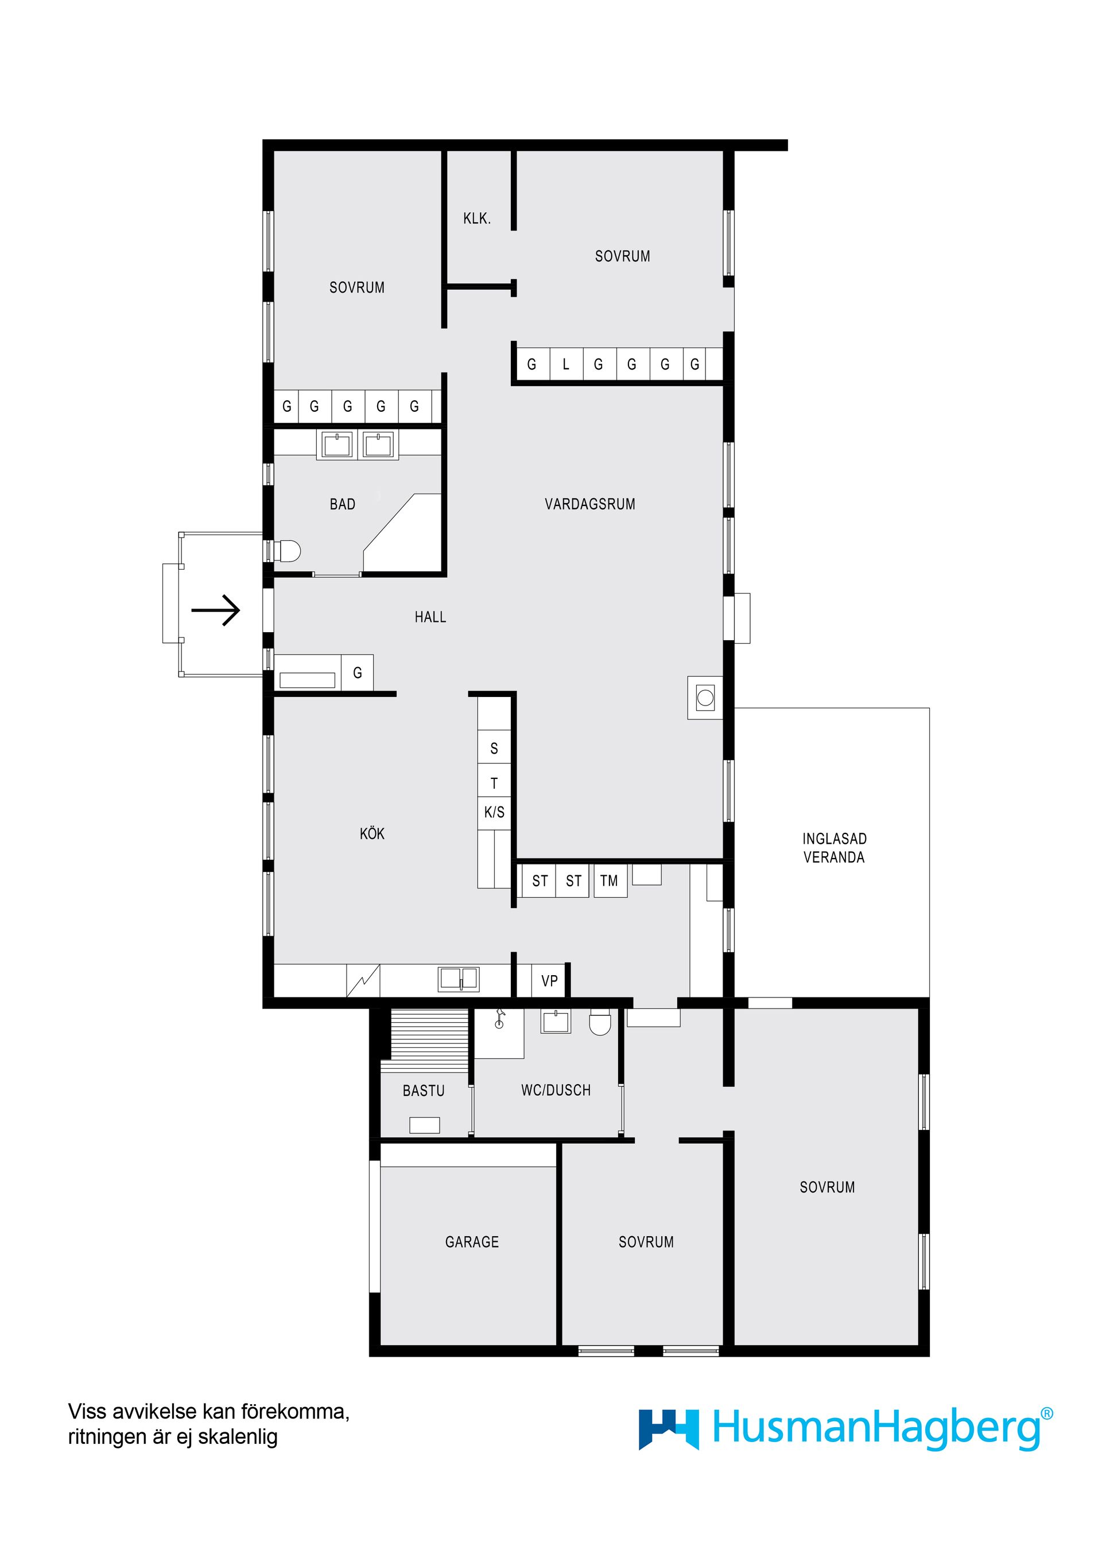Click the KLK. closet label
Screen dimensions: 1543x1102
click(476, 219)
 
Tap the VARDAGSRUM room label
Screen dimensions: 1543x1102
click(589, 504)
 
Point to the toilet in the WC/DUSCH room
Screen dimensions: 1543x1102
click(600, 1023)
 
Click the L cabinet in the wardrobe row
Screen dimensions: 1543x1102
click(566, 365)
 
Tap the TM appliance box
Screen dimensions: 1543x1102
click(610, 881)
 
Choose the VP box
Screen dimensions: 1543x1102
click(550, 981)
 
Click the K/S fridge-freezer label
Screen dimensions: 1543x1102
click(494, 812)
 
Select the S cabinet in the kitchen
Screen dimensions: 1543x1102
click(494, 748)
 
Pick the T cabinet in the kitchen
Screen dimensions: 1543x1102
click(494, 784)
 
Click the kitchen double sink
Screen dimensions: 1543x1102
click(459, 979)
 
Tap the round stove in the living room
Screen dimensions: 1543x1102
click(705, 698)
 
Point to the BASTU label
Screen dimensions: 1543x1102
click(424, 1090)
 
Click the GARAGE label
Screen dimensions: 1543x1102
click(472, 1242)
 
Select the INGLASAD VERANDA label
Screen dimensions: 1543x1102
click(834, 848)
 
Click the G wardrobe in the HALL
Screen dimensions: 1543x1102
click(358, 673)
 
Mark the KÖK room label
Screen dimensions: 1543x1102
click(372, 833)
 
